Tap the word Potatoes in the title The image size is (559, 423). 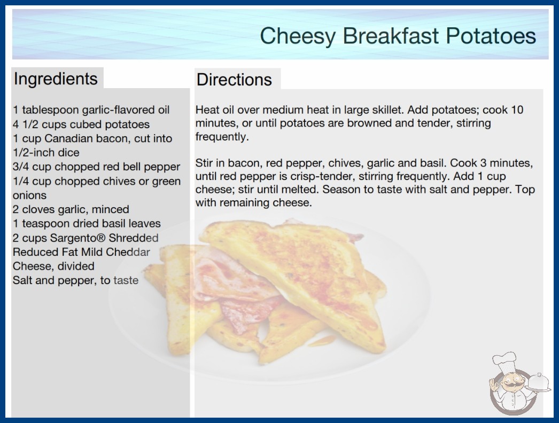coord(491,36)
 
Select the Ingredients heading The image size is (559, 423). coord(56,79)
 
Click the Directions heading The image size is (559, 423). coord(234,80)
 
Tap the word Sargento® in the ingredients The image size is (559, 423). coord(77,238)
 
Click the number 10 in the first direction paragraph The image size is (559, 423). coord(517,109)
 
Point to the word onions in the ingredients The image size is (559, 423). coord(29,195)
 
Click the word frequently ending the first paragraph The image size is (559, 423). coord(222,137)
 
